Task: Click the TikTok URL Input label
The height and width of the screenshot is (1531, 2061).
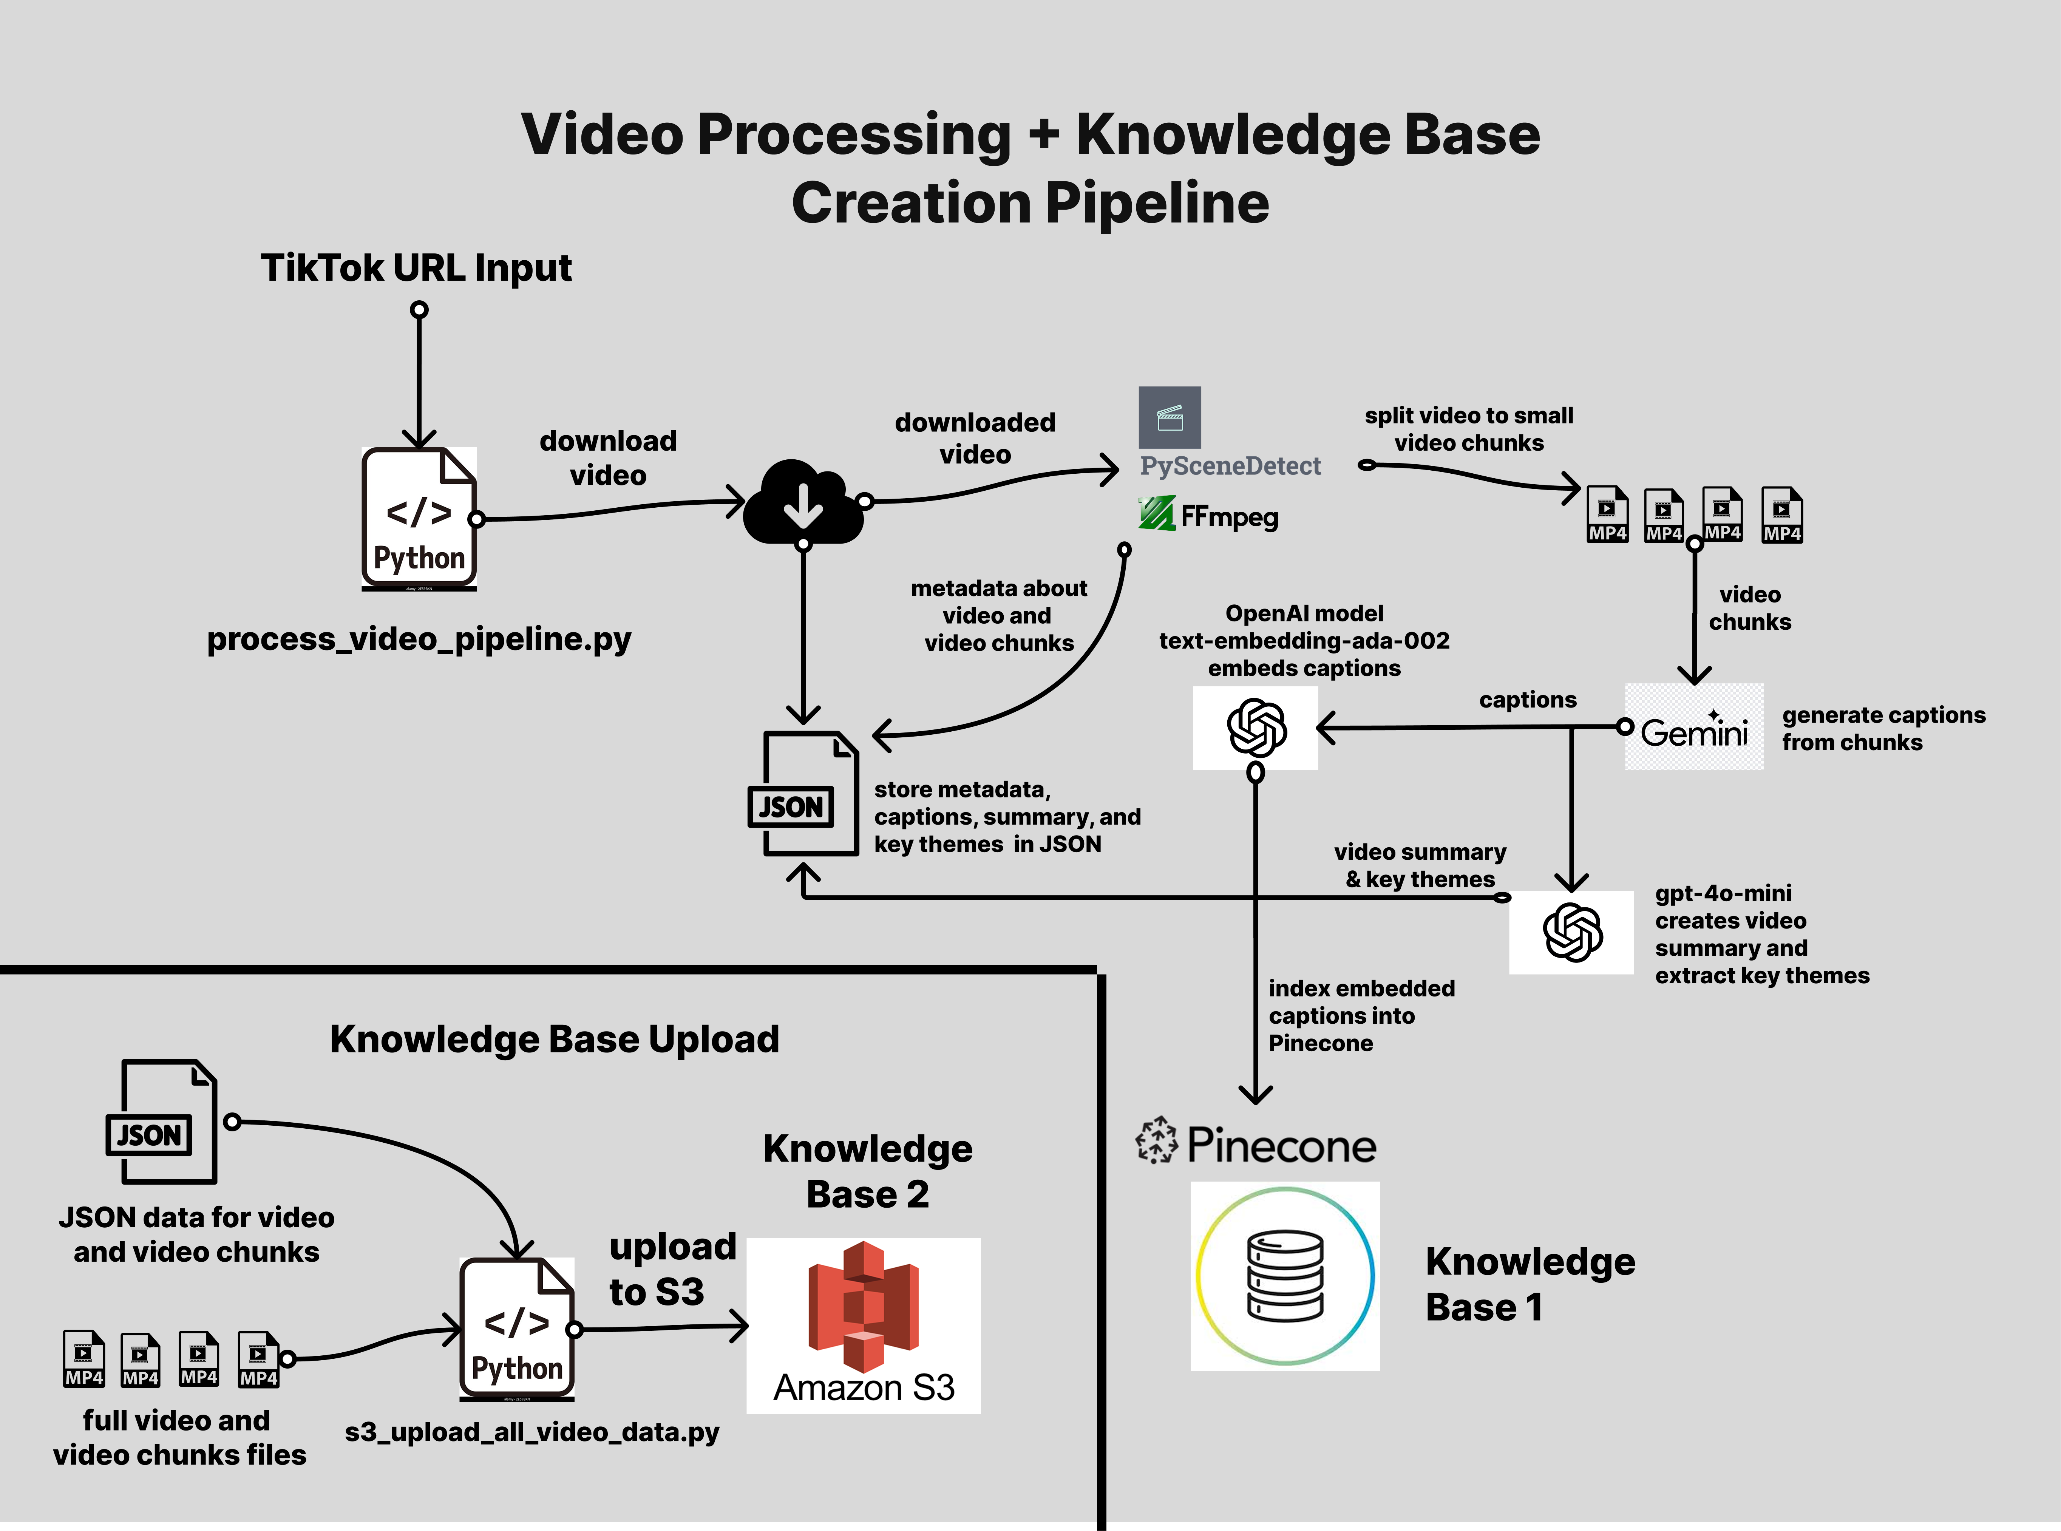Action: pos(416,268)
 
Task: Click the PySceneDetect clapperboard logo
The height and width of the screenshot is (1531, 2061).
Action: pos(1170,417)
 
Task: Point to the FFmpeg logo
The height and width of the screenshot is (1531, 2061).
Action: pos(1208,515)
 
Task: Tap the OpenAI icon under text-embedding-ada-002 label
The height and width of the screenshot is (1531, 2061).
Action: pos(1256,728)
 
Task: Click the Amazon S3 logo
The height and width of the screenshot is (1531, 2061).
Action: pos(864,1325)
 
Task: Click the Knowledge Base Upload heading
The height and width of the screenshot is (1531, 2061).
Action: pos(554,1039)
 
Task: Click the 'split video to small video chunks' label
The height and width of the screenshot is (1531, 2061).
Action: pos(1469,429)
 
